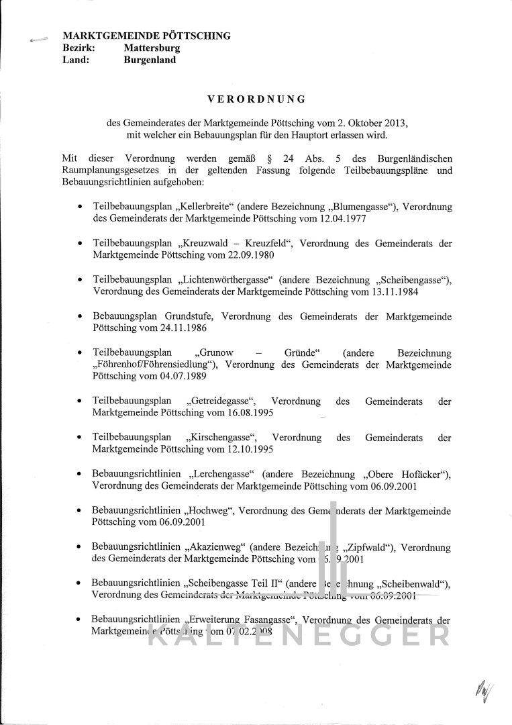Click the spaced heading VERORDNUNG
point(256,99)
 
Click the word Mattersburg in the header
point(152,48)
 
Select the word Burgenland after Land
point(150,60)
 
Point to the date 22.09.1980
point(252,255)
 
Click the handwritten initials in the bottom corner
point(481,689)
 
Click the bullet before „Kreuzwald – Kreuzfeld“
point(81,244)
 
